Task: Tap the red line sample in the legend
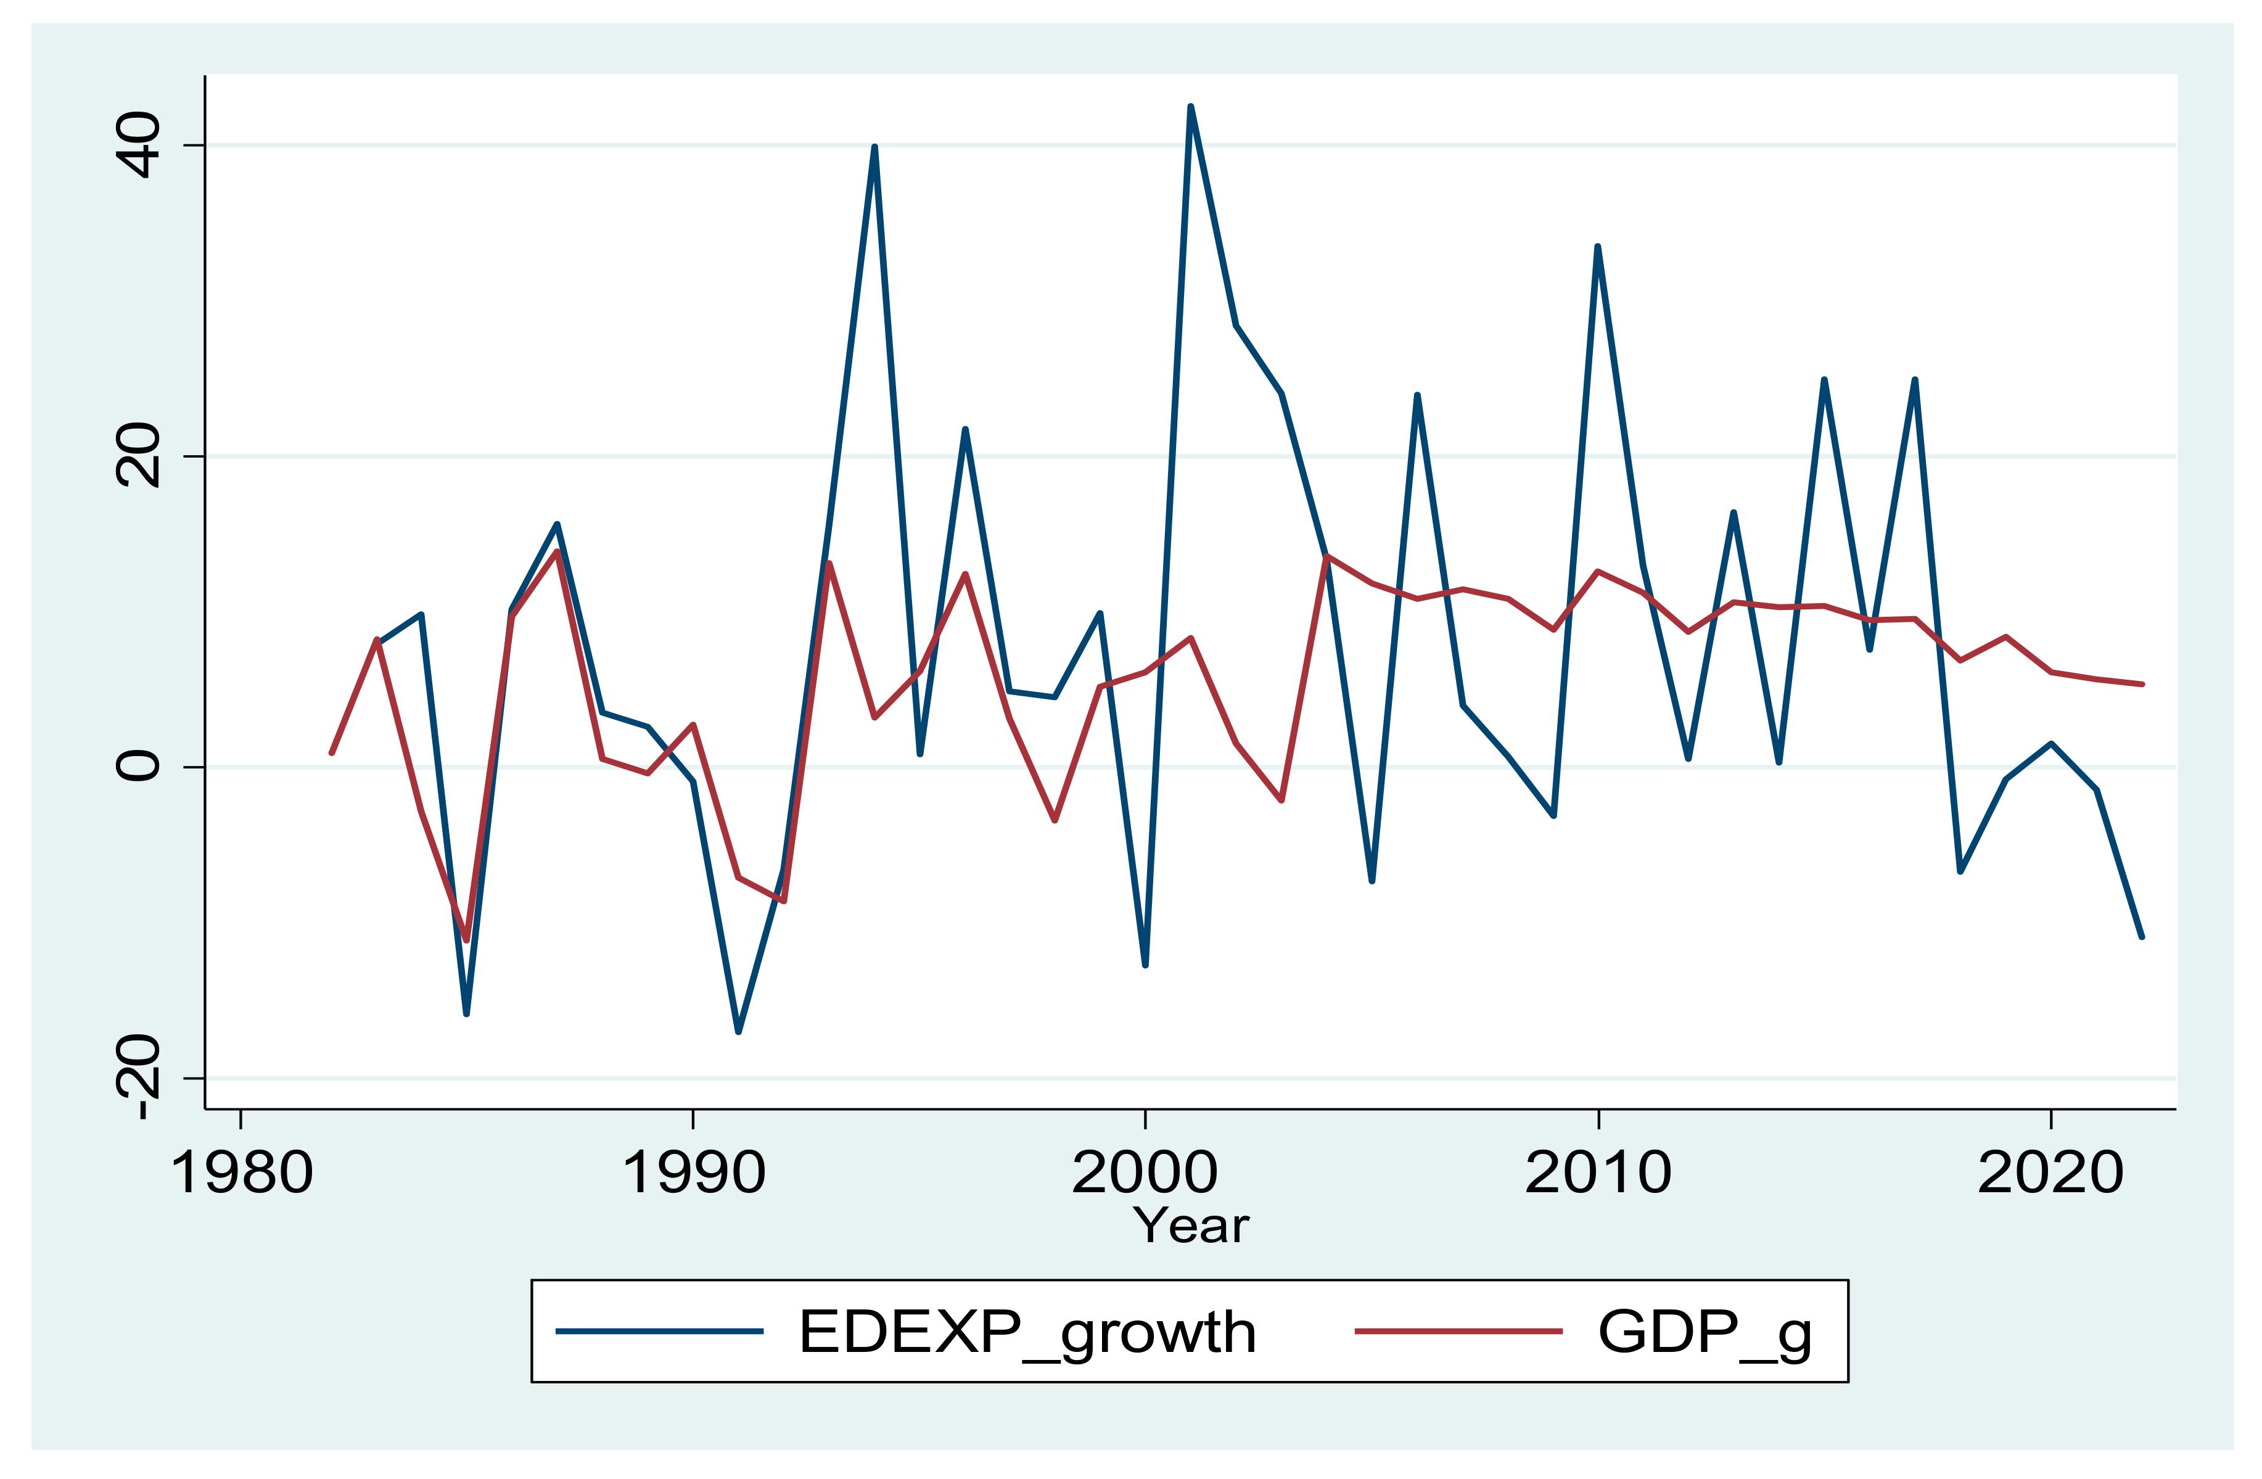(x=1457, y=1332)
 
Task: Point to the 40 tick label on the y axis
(x=138, y=146)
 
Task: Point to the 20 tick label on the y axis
(x=138, y=456)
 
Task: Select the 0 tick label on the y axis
(x=138, y=766)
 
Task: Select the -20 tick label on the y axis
(x=138, y=1077)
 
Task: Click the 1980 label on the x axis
(x=241, y=1173)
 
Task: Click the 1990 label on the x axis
(x=694, y=1173)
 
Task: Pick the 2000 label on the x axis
(x=1145, y=1173)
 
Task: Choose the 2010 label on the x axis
(x=1598, y=1173)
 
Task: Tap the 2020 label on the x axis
(x=2051, y=1173)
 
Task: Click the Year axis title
(x=1191, y=1226)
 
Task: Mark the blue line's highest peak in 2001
(x=1191, y=107)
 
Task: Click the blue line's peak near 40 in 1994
(x=874, y=147)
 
